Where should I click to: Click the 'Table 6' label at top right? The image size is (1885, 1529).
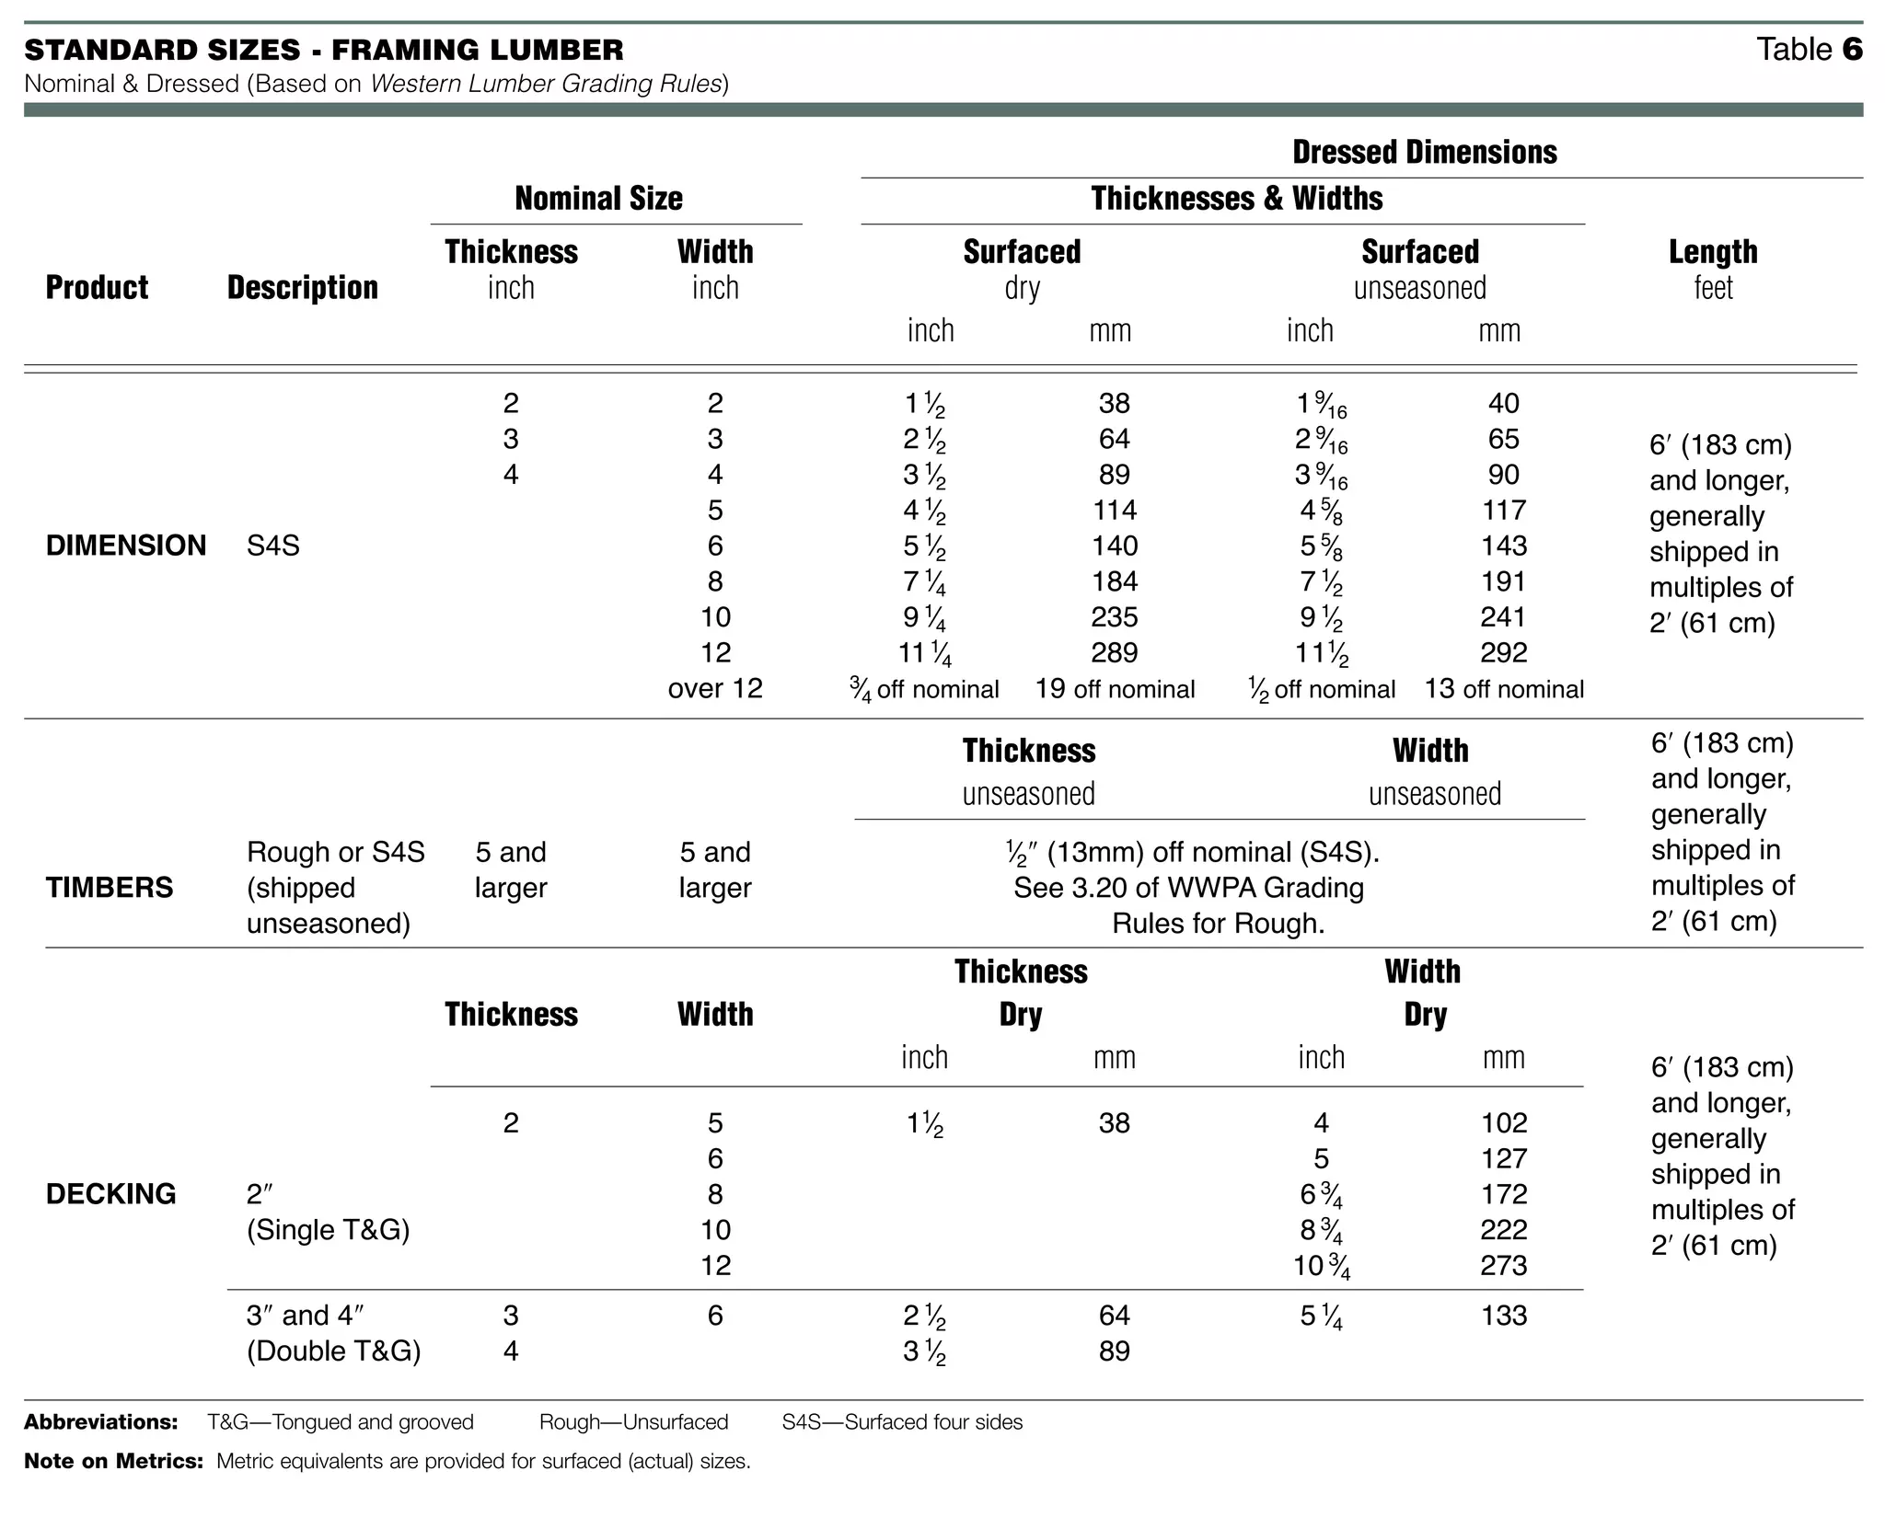tap(1809, 49)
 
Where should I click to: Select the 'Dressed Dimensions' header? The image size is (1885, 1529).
tap(1424, 152)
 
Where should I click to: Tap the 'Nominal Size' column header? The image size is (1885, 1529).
tap(598, 198)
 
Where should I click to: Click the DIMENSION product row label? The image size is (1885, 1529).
tap(126, 546)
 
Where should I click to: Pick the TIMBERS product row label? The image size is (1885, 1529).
tap(110, 888)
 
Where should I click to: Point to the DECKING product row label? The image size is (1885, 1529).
tap(111, 1194)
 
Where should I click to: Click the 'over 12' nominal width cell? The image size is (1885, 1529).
tap(715, 689)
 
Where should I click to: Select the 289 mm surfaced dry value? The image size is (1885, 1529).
tap(1115, 653)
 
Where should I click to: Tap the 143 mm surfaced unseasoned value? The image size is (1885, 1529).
tap(1504, 546)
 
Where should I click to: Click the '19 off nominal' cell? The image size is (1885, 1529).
tap(1115, 689)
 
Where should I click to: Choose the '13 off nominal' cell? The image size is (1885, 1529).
tap(1504, 689)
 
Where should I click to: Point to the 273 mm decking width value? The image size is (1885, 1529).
tap(1504, 1266)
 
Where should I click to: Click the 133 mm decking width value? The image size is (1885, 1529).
tap(1504, 1316)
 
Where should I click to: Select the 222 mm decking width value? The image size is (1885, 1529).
tap(1504, 1230)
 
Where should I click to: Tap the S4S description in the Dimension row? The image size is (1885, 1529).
tap(273, 546)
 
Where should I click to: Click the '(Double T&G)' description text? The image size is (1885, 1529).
tap(333, 1351)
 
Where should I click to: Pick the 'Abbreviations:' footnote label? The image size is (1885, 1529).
tap(101, 1422)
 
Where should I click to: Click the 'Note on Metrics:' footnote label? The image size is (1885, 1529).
tap(113, 1461)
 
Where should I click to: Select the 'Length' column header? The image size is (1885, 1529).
tap(1713, 252)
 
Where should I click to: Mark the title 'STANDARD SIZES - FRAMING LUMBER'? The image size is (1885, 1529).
tap(324, 50)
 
